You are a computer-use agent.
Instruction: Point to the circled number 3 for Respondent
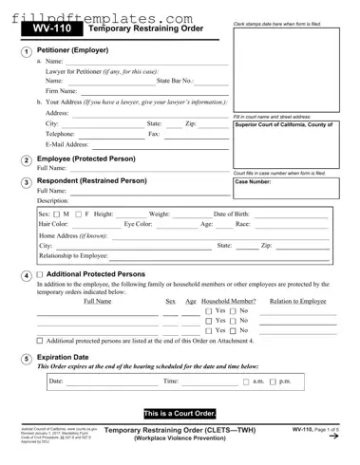(24, 182)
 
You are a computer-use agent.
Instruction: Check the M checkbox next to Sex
(56, 214)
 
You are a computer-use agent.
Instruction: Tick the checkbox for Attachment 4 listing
(40, 340)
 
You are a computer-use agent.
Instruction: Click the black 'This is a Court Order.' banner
(180, 414)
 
